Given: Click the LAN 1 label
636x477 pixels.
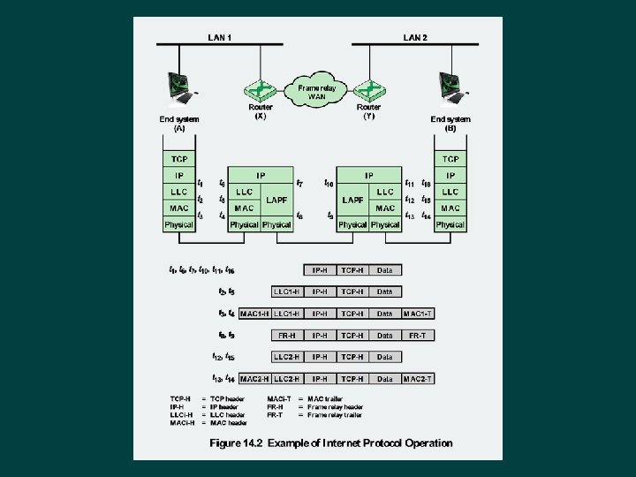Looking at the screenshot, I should tap(220, 37).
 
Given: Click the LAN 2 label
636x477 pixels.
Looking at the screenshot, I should tap(415, 37).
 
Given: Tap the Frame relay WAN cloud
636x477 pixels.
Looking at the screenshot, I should tap(317, 92).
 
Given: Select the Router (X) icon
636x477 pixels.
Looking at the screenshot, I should tap(260, 90).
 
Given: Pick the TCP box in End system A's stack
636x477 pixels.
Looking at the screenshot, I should tap(179, 159).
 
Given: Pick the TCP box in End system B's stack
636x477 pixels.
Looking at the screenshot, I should tap(450, 159).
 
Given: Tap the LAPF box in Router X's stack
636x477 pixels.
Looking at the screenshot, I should tap(276, 201).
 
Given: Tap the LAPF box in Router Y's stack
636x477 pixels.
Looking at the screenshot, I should tap(352, 201).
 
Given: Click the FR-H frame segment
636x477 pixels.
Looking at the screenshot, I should tap(287, 336).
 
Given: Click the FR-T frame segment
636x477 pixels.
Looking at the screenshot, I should tap(418, 336).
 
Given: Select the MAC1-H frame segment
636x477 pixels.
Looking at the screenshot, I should tap(254, 314).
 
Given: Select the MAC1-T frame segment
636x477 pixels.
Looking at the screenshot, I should tap(418, 314).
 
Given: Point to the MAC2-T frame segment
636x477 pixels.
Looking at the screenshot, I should tap(418, 379).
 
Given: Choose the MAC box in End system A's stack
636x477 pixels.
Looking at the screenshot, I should tap(179, 208).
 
